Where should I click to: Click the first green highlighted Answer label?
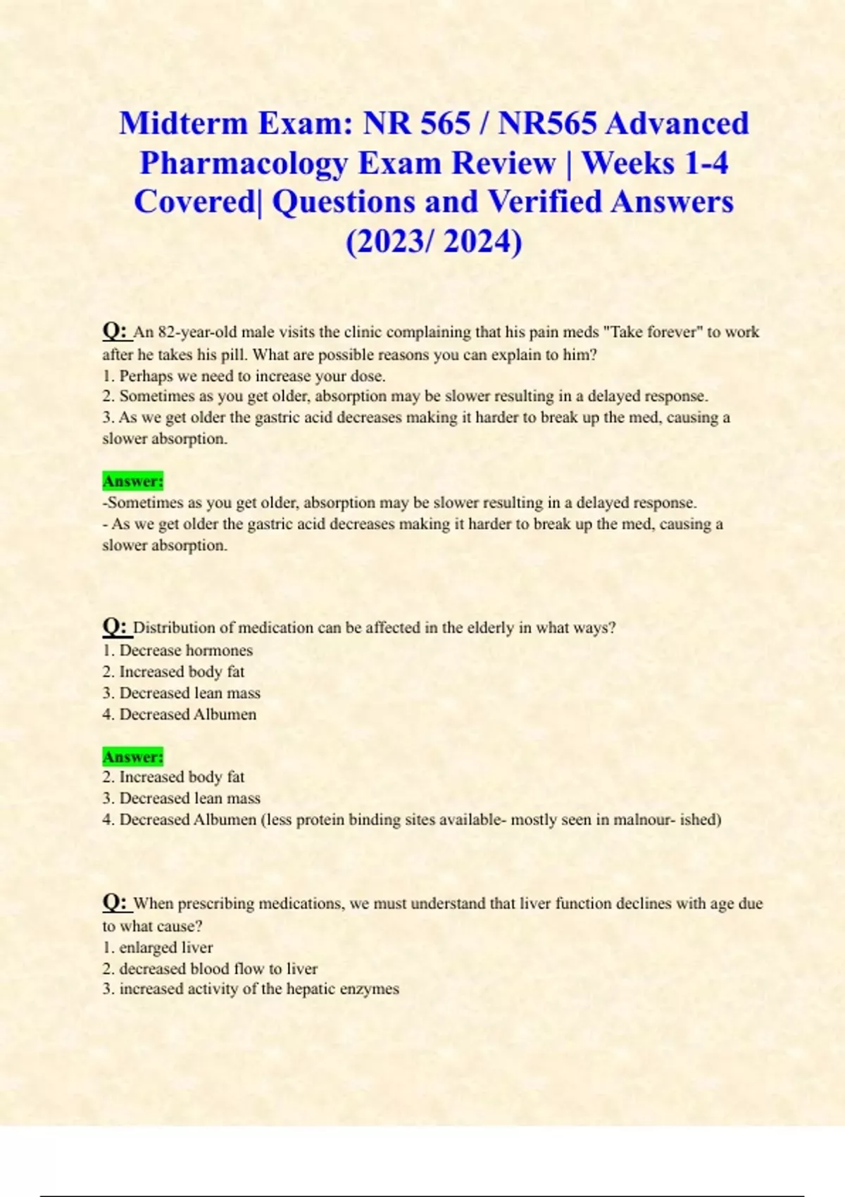click(132, 482)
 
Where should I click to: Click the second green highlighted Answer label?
click(132, 757)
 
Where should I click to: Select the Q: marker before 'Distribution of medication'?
click(115, 626)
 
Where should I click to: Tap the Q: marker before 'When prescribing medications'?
click(115, 902)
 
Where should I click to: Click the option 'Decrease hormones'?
click(186, 651)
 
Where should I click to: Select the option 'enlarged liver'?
click(165, 948)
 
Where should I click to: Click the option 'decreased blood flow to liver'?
click(218, 969)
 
